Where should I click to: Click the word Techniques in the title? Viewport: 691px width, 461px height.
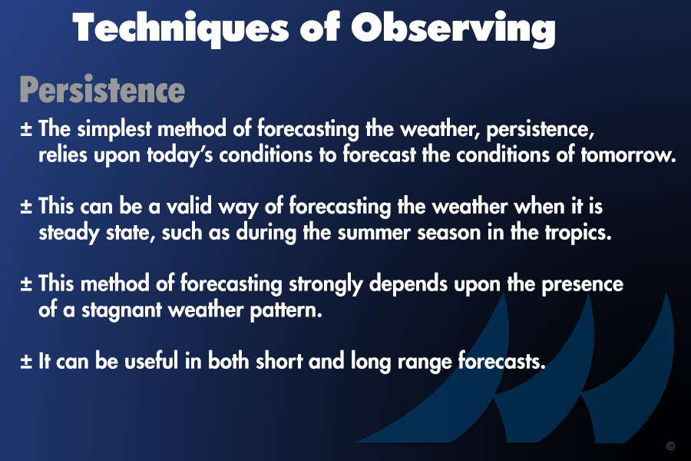click(180, 28)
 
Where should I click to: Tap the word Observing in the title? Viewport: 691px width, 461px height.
click(453, 28)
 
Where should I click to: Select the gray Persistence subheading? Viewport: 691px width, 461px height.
click(102, 90)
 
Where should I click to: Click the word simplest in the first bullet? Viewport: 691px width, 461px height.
click(114, 129)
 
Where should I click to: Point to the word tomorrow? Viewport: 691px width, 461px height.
click(628, 154)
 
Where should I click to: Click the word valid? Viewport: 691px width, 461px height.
click(189, 206)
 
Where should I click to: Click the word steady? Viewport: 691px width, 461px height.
click(69, 233)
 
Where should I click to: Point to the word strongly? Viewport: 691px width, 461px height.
click(326, 284)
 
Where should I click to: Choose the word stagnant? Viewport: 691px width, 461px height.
click(122, 310)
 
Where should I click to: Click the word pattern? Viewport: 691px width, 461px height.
click(286, 310)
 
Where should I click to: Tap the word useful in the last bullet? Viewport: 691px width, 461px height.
click(151, 361)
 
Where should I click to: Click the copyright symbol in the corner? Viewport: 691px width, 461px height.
click(671, 446)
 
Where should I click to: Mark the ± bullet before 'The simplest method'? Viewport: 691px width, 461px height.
click(26, 128)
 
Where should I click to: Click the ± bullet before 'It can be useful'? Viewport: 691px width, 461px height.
click(26, 361)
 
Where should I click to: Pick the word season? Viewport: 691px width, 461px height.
click(448, 233)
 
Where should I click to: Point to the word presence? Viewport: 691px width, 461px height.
click(582, 284)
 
